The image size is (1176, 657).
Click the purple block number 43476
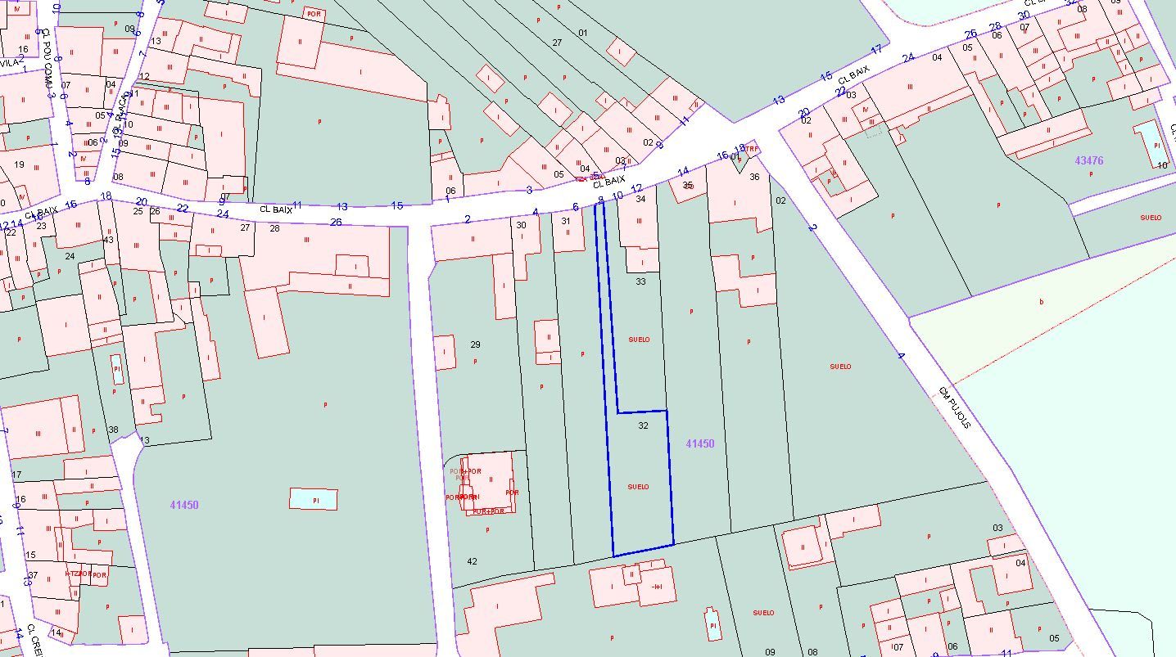tap(1088, 160)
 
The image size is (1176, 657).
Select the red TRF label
tap(751, 149)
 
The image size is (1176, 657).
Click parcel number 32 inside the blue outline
tap(643, 425)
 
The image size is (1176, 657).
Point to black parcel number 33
tap(640, 281)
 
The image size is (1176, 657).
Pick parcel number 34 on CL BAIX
tap(640, 199)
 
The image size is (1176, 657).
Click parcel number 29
tap(475, 344)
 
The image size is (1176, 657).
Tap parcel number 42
tap(472, 561)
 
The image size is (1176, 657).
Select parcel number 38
tap(113, 430)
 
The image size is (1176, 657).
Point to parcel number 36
tap(754, 177)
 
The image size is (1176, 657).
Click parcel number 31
tap(565, 221)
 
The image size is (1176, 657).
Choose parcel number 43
tap(109, 240)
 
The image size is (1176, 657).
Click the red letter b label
tap(1042, 302)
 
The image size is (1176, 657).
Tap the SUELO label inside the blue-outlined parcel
tap(638, 487)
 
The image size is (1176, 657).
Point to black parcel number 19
tap(20, 164)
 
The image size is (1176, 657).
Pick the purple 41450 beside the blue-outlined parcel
tap(700, 443)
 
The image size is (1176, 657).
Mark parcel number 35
tap(688, 185)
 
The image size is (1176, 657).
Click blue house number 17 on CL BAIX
tap(876, 49)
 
